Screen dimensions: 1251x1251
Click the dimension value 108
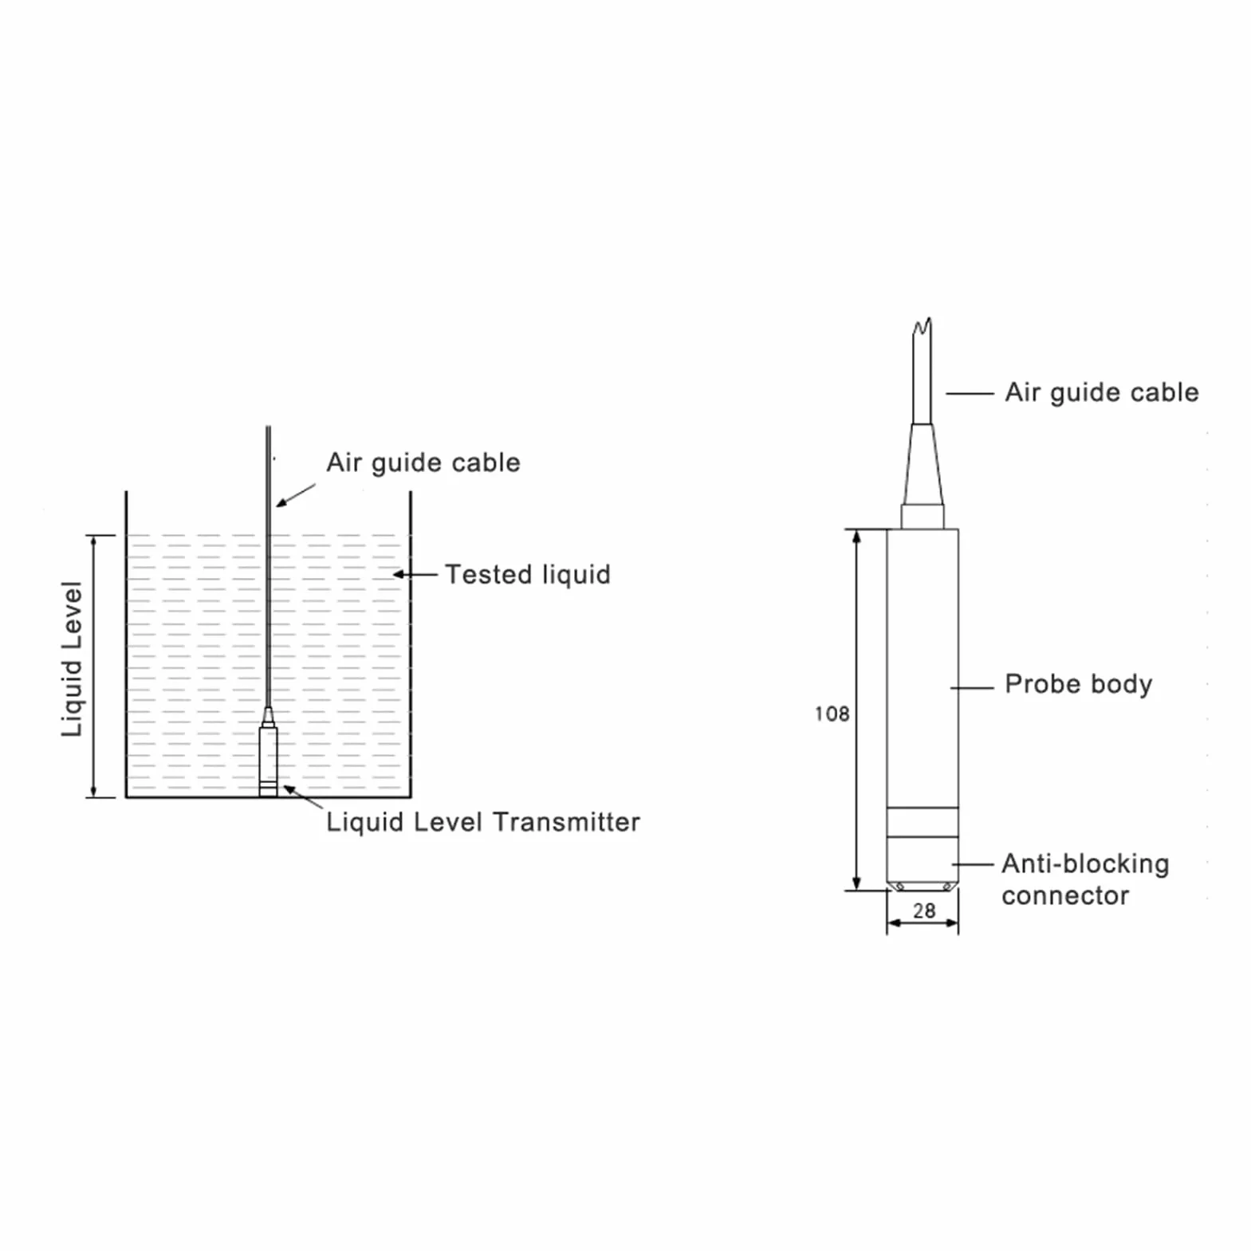tap(832, 713)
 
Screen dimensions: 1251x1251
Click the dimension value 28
tap(923, 910)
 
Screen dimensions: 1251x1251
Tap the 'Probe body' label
tap(1078, 684)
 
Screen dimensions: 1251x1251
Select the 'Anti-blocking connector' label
tap(1085, 879)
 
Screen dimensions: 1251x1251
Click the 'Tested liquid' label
tap(527, 574)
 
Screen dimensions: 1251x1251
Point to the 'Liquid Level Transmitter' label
tap(482, 821)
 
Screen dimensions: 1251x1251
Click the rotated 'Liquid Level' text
tap(72, 659)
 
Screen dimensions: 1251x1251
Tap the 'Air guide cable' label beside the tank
tap(423, 462)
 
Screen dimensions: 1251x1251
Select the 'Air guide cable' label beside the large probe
tap(1101, 392)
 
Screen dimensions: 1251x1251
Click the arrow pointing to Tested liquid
tap(415, 574)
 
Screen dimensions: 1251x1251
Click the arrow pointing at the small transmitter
tap(303, 796)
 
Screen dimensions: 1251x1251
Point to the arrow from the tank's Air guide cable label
tap(296, 495)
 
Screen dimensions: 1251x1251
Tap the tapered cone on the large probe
tap(923, 464)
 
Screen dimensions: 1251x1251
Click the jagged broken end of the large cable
tap(923, 326)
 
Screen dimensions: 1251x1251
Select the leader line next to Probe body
tap(972, 687)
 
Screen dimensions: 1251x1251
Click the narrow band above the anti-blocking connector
tap(923, 822)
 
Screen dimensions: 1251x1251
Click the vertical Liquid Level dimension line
tap(93, 666)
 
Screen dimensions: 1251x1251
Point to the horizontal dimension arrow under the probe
tap(923, 923)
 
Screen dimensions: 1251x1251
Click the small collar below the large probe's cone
tap(923, 517)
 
